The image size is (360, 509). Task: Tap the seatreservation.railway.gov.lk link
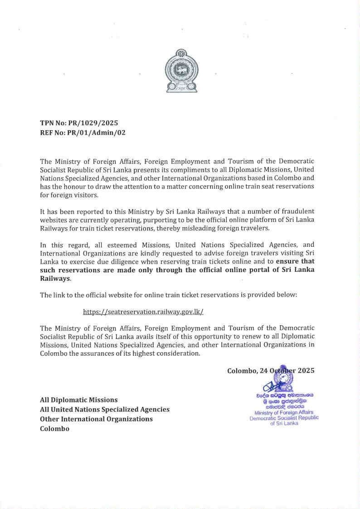143,312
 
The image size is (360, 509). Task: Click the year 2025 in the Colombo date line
305,371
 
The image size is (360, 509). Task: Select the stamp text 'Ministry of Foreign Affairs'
284,412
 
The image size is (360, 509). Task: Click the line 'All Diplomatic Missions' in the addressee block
78,400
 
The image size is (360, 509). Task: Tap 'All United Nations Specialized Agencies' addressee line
105,409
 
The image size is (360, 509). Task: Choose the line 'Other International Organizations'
96,419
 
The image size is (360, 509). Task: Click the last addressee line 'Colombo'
54,428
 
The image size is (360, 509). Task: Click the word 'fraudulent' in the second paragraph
298,211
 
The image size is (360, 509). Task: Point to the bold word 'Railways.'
55,278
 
